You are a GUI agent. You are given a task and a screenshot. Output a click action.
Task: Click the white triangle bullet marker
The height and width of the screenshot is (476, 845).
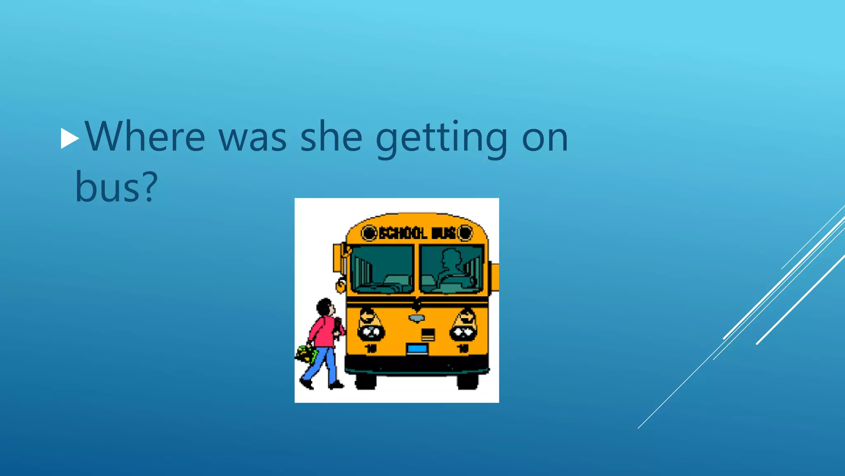click(69, 138)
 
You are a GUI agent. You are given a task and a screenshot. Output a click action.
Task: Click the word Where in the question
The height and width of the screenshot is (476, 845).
click(145, 137)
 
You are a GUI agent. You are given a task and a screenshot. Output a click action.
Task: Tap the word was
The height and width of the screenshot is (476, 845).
click(253, 138)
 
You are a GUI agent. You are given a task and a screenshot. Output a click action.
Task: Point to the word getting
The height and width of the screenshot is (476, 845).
click(441, 138)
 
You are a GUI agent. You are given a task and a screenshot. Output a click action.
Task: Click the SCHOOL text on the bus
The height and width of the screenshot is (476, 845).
click(403, 233)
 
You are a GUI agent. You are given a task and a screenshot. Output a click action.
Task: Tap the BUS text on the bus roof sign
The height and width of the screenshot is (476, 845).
click(444, 233)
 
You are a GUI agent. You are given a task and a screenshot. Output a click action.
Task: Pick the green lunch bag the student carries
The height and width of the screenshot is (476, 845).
click(306, 354)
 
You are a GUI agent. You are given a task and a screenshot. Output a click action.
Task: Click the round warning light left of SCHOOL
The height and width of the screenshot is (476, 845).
click(369, 233)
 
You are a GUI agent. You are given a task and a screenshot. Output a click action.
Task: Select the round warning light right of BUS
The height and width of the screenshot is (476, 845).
click(465, 233)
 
